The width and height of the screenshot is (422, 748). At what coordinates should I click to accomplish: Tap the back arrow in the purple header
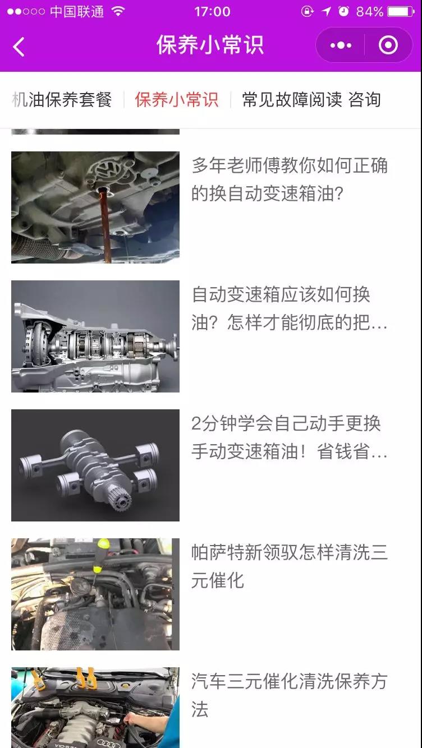point(19,47)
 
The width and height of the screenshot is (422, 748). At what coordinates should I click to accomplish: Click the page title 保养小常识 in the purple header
point(210,45)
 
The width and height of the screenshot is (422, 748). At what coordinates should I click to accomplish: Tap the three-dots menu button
point(341,45)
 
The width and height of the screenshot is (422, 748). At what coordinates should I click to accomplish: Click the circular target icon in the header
point(388,45)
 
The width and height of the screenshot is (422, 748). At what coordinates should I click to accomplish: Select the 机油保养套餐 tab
point(62,99)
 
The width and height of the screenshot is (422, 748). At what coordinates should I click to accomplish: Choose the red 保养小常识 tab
point(176,99)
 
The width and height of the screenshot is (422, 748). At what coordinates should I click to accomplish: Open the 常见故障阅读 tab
point(292,99)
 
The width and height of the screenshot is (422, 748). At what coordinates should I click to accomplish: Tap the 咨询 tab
point(365,99)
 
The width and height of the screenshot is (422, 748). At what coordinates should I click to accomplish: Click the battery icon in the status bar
point(401,12)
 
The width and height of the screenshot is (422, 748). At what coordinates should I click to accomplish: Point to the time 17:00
point(213,12)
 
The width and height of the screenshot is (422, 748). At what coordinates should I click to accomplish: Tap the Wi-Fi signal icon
point(118,12)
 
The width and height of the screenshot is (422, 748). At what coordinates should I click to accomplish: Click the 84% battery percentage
point(370,12)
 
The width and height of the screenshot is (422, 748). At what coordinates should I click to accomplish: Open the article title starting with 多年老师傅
point(290,179)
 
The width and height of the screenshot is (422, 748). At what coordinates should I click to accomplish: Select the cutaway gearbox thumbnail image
point(95,336)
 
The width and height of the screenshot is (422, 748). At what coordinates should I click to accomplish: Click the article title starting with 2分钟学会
point(290,437)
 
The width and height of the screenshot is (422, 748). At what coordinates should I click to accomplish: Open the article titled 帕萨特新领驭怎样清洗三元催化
point(290,566)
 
